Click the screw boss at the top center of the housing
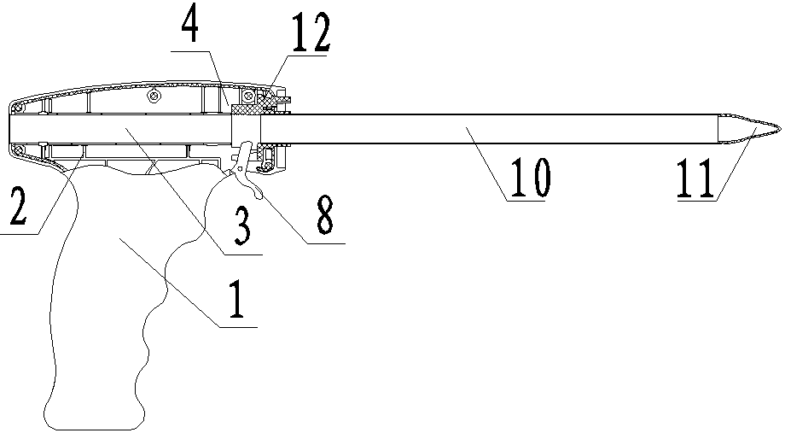[x=154, y=97]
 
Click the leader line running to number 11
[x=734, y=167]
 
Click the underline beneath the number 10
[x=526, y=200]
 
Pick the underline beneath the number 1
[x=234, y=326]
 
